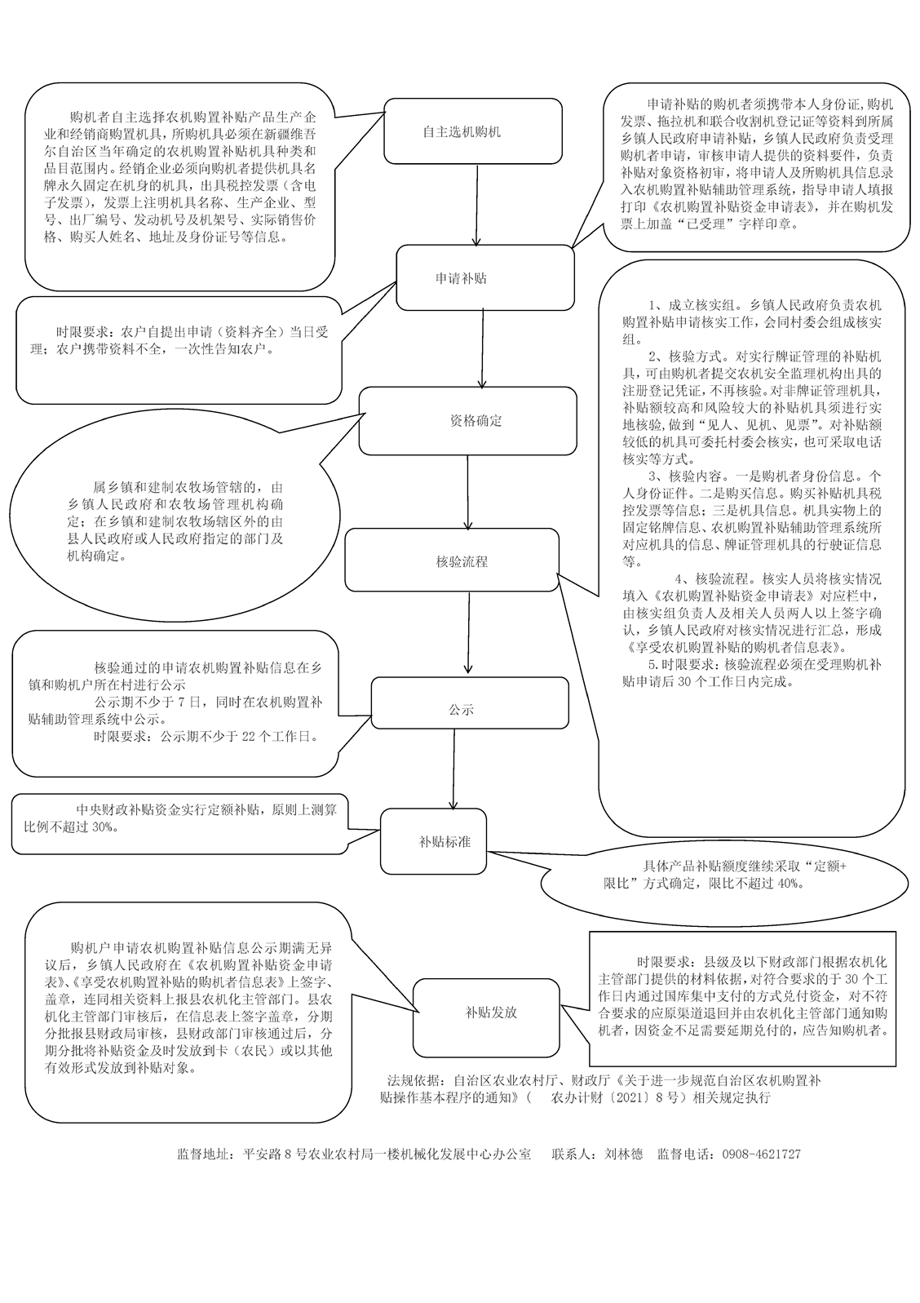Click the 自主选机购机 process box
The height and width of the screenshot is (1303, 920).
(473, 131)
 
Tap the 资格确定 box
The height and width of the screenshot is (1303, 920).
(468, 421)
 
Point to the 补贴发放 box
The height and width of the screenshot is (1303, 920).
(492, 1013)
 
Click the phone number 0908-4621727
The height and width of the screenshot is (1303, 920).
(757, 1155)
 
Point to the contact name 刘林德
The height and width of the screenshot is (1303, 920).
(624, 1155)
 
